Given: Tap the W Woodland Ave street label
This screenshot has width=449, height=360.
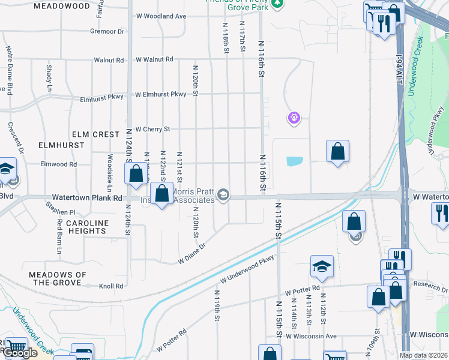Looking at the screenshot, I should (161, 16).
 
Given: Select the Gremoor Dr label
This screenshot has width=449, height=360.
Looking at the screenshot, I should (107, 31).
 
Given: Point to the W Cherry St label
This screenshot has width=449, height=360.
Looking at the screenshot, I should (153, 129).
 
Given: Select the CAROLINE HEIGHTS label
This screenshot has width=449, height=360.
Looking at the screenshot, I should (87, 227).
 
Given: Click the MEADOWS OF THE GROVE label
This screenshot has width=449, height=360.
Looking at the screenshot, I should (58, 278).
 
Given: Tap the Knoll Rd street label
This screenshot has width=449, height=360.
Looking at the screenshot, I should (111, 286).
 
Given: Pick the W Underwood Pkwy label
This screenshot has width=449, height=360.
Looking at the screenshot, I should (247, 269).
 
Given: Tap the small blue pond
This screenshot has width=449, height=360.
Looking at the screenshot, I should (295, 161).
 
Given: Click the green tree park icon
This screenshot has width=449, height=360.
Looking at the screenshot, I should (277, 4).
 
